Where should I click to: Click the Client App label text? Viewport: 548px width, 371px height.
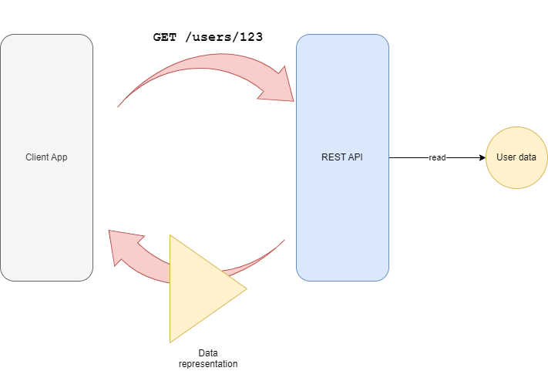[x=46, y=157]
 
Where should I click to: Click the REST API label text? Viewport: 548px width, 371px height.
[x=342, y=157]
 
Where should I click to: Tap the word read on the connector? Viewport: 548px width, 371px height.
[x=437, y=157]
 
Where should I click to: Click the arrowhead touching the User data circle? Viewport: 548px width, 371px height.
[x=482, y=157]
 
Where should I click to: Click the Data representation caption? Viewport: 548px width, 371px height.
[x=208, y=358]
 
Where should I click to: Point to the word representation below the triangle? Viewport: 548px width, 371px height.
[x=208, y=363]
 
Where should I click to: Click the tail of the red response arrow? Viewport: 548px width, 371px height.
[x=281, y=243]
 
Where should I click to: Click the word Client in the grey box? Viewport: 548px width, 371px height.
[x=37, y=157]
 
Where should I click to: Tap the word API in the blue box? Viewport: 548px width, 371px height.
[x=355, y=157]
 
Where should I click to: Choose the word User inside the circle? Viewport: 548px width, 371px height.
[x=506, y=157]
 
